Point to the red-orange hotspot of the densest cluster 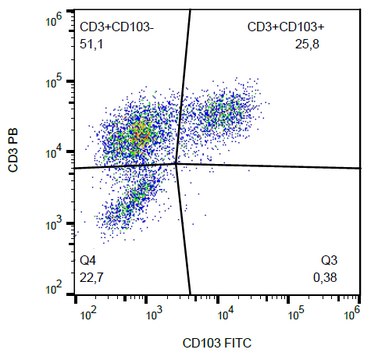coord(141,132)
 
